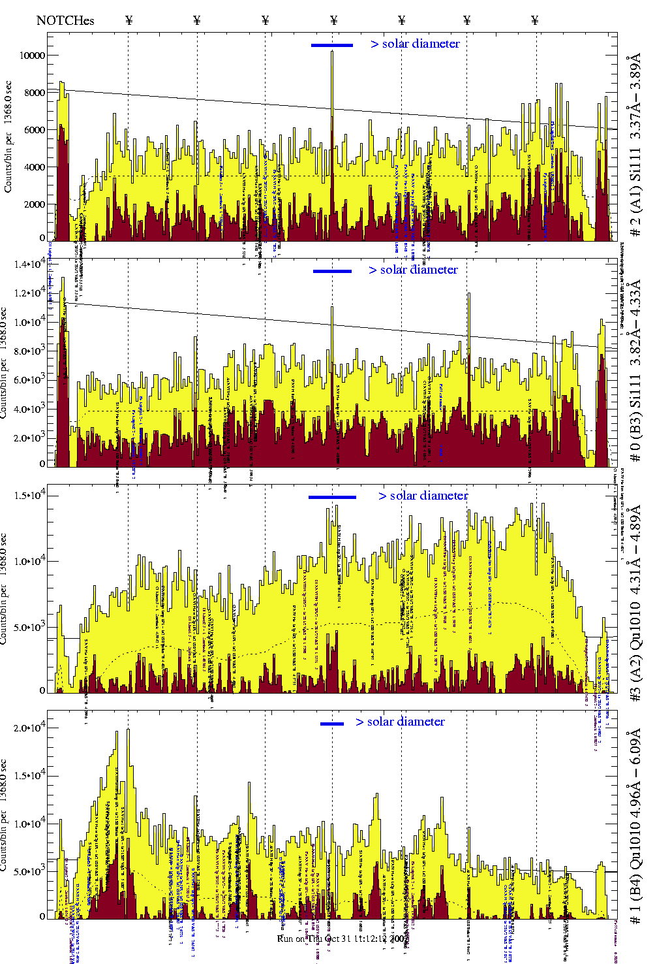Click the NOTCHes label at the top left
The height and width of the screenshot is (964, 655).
65,20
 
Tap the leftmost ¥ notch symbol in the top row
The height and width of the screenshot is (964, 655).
129,20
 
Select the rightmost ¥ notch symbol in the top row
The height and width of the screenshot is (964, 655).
535,20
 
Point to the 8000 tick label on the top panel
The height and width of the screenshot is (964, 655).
35,93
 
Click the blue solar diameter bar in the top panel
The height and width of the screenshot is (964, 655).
331,45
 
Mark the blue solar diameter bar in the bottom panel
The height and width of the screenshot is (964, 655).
332,724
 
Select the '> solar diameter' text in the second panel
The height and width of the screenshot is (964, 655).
413,270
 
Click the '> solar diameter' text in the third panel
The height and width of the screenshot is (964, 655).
423,496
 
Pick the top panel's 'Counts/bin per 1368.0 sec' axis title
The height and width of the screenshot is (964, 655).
8,137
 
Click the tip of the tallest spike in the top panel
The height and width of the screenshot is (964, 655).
332,52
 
